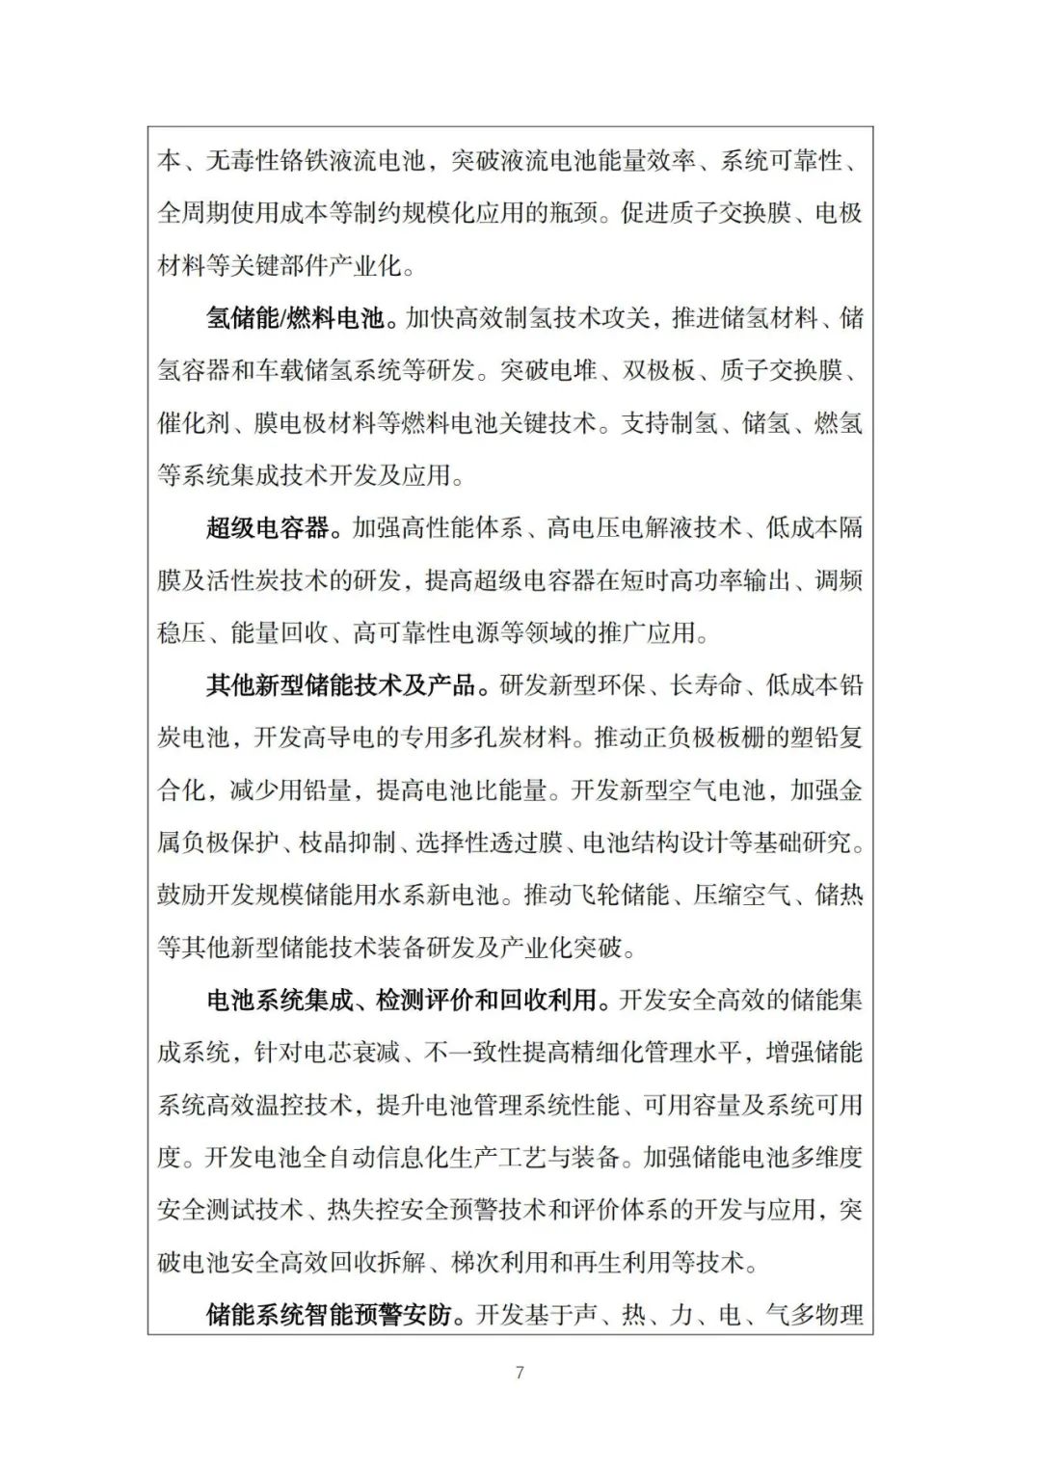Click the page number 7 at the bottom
520,1373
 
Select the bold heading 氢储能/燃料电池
294,317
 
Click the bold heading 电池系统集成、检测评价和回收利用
402,1000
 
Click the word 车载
280,370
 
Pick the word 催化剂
194,422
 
